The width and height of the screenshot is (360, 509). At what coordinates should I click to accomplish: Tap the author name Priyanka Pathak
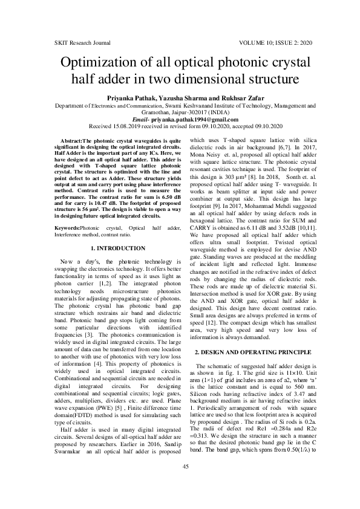click(115, 97)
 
